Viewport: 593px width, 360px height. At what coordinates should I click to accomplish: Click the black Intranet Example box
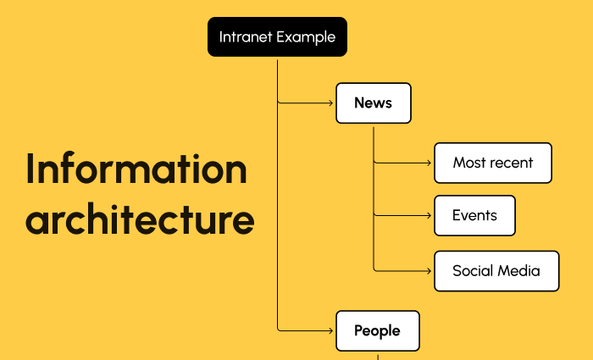[x=277, y=36]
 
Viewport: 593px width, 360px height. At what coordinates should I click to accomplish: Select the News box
[x=373, y=103]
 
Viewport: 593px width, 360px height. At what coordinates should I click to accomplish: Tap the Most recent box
[x=492, y=163]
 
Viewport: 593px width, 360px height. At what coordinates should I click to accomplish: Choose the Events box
[x=474, y=215]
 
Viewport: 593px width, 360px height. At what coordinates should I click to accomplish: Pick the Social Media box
[x=496, y=271]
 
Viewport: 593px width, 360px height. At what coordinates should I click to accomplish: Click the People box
[x=377, y=330]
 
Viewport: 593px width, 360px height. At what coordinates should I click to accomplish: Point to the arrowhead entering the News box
[x=332, y=103]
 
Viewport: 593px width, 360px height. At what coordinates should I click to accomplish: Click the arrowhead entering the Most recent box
[x=430, y=163]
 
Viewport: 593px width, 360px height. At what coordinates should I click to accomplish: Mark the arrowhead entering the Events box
[x=430, y=215]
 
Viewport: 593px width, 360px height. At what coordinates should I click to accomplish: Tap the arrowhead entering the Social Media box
[x=430, y=271]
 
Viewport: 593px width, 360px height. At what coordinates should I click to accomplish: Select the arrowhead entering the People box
[x=332, y=330]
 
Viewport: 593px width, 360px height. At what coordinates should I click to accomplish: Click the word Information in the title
[x=136, y=169]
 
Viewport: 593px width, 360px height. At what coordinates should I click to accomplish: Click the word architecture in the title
[x=140, y=220]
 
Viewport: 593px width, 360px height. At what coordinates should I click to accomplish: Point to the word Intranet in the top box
[x=246, y=36]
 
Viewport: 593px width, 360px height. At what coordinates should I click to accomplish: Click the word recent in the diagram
[x=512, y=163]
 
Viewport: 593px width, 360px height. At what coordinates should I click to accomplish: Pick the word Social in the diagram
[x=473, y=271]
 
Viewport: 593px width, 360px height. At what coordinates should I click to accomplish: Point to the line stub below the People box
[x=377, y=355]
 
